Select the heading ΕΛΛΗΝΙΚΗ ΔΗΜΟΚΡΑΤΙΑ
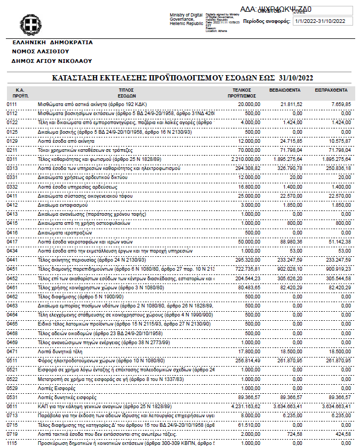pyautogui.click(x=52, y=42)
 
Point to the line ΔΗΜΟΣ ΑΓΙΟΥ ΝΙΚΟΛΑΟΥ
pyautogui.click(x=52, y=61)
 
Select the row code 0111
pyautogui.click(x=12, y=104)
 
